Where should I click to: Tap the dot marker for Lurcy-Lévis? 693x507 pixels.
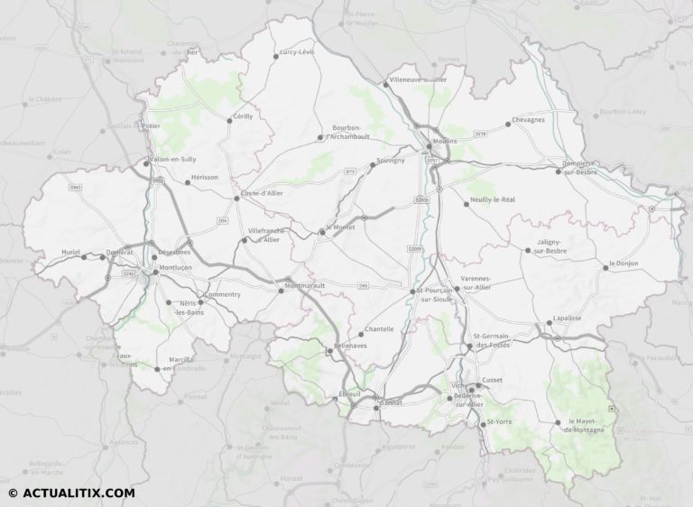point(276,57)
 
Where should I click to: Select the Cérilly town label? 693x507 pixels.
point(244,116)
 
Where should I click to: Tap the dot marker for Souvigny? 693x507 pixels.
point(372,165)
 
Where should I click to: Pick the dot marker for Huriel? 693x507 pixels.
point(84,257)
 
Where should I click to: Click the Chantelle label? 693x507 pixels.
point(379,329)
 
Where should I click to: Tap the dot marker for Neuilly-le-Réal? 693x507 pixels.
point(467,204)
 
